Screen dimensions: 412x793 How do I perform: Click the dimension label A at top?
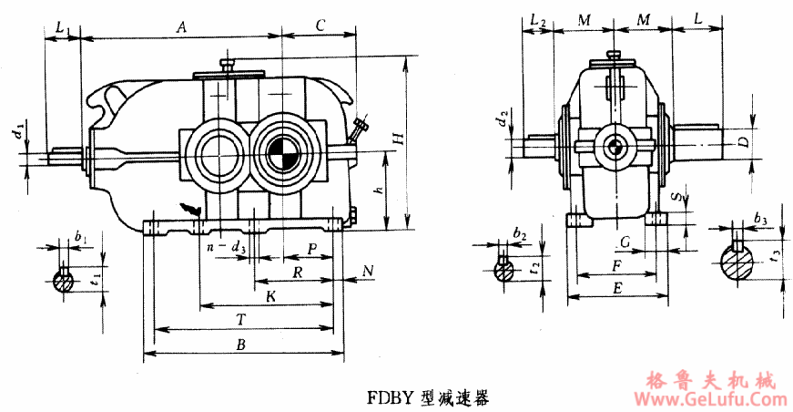click(x=181, y=28)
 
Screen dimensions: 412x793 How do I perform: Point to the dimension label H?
click(x=397, y=139)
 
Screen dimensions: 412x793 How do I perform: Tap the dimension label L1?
click(x=61, y=29)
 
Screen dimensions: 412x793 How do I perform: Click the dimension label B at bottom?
click(x=241, y=345)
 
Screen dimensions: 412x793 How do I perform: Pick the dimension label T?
click(x=240, y=319)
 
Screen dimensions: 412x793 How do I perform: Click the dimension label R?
click(x=296, y=273)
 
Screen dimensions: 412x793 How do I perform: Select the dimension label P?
click(x=311, y=249)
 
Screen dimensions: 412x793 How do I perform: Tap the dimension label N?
click(x=368, y=271)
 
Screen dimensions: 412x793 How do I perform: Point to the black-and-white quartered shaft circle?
click(x=283, y=150)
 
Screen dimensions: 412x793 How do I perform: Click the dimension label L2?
click(x=537, y=21)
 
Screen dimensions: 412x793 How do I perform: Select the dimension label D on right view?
click(x=743, y=142)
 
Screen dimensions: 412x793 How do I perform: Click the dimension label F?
click(x=618, y=265)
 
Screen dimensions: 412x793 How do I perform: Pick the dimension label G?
click(x=624, y=242)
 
